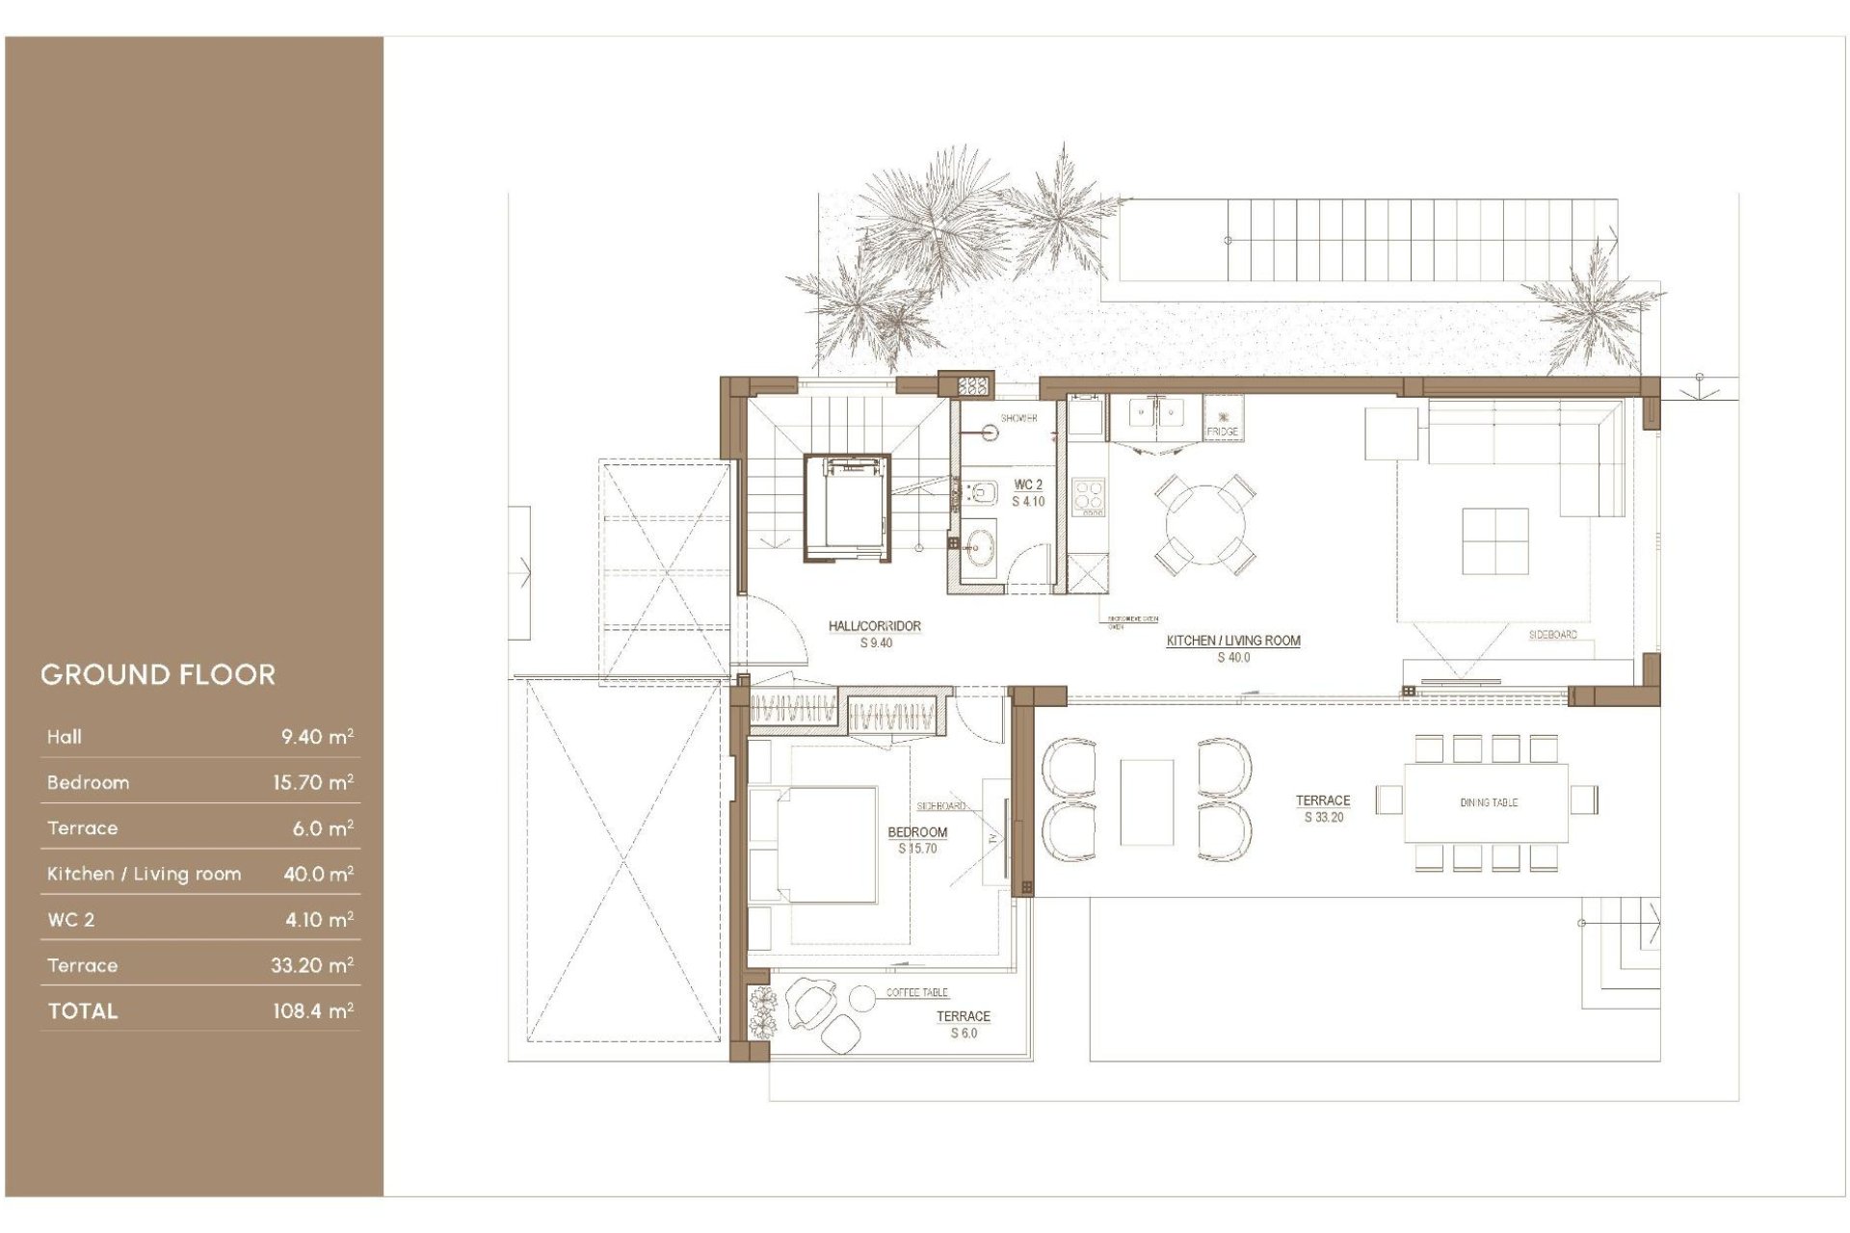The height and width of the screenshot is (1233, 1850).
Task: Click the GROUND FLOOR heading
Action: [158, 674]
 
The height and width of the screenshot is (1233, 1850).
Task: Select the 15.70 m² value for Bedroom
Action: [312, 782]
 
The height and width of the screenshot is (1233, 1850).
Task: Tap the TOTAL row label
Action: [83, 1010]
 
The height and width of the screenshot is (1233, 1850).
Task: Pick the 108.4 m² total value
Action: [312, 1010]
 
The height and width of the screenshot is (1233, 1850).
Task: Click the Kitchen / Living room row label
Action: [144, 874]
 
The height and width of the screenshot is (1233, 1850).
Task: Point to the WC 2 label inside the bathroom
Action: [1027, 485]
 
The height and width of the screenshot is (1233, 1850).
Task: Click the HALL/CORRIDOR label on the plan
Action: [874, 626]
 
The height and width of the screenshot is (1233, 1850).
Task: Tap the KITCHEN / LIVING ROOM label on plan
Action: [1232, 641]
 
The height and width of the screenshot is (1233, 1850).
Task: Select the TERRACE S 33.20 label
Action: [1322, 808]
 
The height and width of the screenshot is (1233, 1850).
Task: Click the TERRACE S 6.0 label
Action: [963, 1024]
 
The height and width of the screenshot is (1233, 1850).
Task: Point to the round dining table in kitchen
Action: [1204, 525]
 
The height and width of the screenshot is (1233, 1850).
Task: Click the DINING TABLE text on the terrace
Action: [1488, 802]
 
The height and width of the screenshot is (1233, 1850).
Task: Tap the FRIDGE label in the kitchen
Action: [1222, 432]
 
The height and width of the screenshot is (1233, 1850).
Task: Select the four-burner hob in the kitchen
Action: [1089, 496]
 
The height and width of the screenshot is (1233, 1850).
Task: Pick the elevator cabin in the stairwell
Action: [846, 508]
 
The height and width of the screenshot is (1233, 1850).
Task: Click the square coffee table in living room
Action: [1494, 541]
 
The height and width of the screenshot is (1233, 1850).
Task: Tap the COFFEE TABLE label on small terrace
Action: [916, 992]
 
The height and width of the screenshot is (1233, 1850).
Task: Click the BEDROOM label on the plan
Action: [916, 832]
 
